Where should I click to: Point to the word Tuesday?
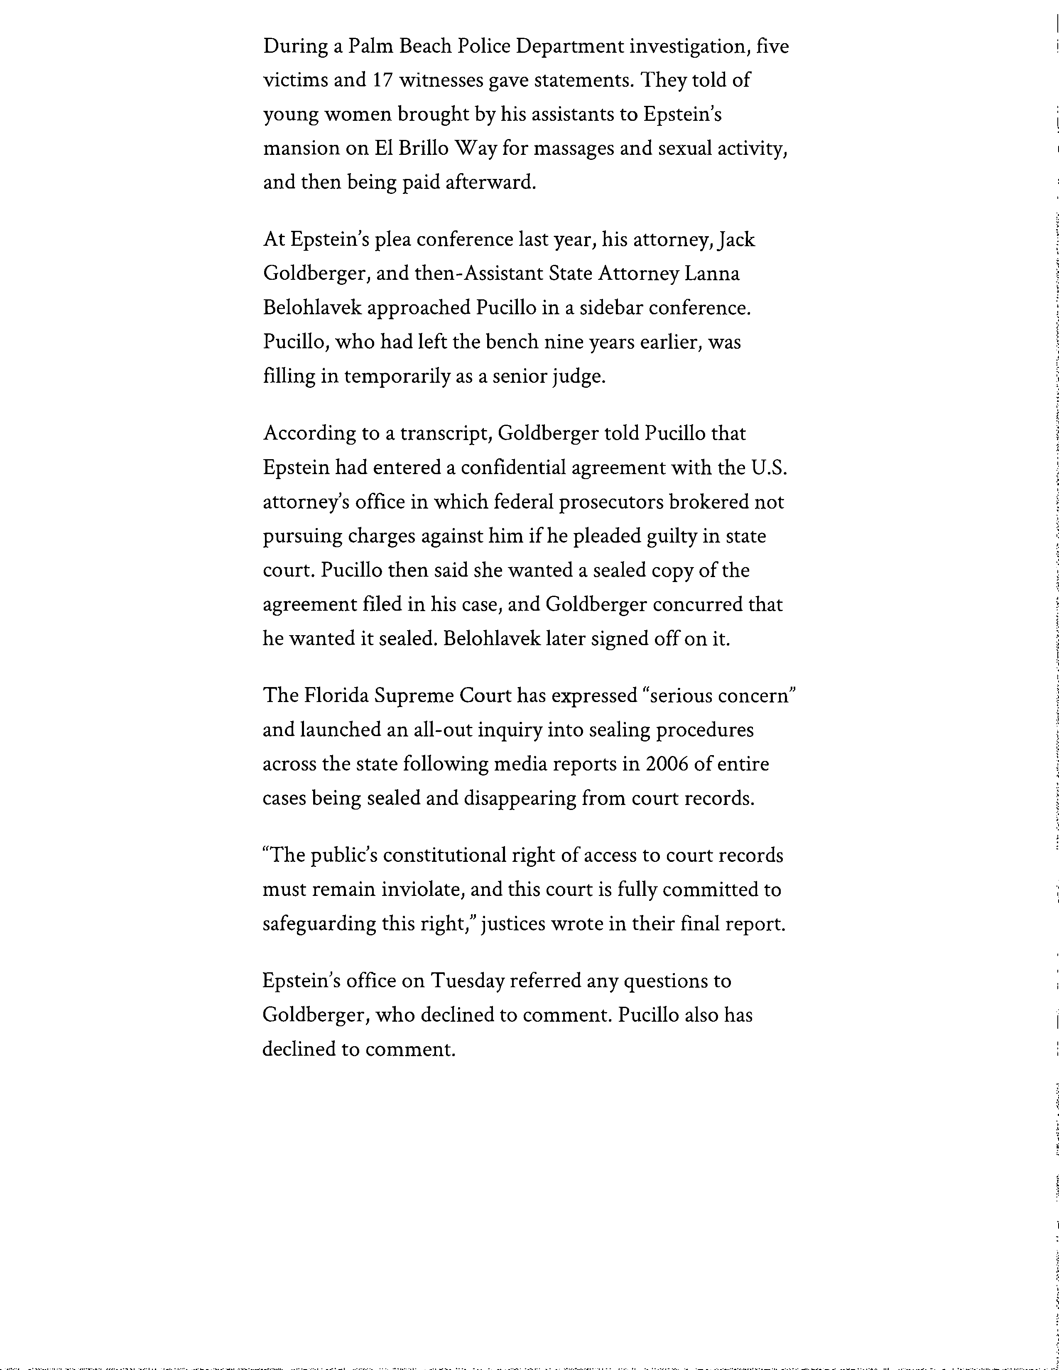pos(467,981)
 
